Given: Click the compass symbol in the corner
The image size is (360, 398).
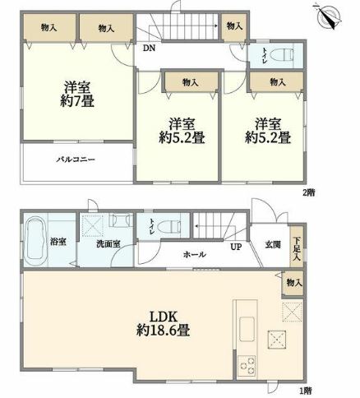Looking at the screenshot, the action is (x=328, y=16).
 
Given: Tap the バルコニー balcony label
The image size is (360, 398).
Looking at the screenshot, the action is (x=76, y=160).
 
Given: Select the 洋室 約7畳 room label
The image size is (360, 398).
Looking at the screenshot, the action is (x=77, y=95).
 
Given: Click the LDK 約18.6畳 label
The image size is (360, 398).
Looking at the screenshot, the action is (x=164, y=324).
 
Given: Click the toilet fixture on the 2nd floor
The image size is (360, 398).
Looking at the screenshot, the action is (x=282, y=54).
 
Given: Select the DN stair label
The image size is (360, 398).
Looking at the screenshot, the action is (x=149, y=49).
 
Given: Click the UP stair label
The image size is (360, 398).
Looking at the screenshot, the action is (x=236, y=247).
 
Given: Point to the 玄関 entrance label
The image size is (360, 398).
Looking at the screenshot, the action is (x=273, y=244).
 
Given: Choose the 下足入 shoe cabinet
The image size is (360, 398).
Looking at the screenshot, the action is (x=297, y=247).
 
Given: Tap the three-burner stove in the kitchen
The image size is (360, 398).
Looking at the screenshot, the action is (x=247, y=365).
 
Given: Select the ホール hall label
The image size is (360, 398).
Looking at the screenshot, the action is (x=195, y=255).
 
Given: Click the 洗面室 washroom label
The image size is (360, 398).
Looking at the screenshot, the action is (x=108, y=243).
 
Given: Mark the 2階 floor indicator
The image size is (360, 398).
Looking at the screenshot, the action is (x=308, y=192).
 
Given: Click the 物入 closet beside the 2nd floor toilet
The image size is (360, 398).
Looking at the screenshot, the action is (x=234, y=26).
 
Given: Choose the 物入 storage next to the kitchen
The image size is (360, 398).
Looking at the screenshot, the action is (x=293, y=283).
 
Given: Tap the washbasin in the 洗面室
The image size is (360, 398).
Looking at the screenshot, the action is (x=119, y=220).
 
